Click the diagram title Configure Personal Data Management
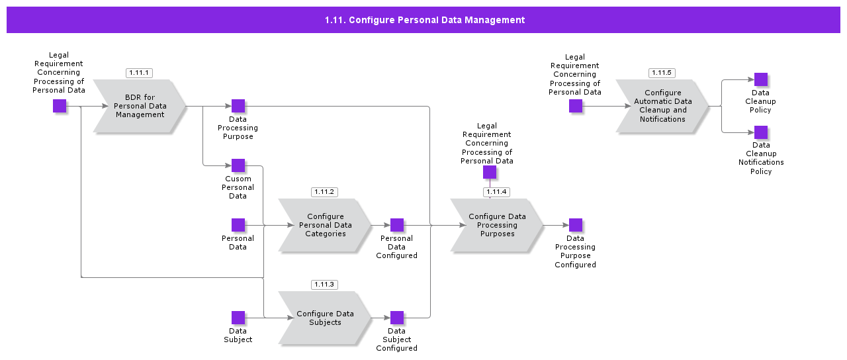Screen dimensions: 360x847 point(424,20)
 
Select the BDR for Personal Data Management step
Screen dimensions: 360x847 point(140,106)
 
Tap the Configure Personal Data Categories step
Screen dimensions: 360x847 point(325,225)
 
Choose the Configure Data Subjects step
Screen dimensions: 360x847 point(325,318)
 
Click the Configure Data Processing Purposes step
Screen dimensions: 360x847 point(497,225)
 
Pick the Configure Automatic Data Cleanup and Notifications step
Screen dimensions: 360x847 point(662,106)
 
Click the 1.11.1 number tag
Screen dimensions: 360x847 point(139,73)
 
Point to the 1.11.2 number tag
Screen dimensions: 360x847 point(324,192)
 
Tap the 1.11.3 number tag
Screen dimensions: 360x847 point(324,285)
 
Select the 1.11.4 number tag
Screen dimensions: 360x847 point(496,192)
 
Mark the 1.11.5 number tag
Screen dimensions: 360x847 point(662,73)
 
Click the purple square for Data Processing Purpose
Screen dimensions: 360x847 point(238,106)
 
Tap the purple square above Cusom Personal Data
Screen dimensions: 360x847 point(238,165)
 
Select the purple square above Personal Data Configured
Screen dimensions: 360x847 point(397,225)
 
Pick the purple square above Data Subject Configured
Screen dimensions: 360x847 point(397,318)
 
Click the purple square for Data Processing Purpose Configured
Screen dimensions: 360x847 point(576,225)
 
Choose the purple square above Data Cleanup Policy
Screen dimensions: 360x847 point(761,79)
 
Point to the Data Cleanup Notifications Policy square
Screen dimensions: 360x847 point(761,132)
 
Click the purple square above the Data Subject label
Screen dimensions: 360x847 point(238,318)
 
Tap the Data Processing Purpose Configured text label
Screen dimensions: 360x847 point(575,251)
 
